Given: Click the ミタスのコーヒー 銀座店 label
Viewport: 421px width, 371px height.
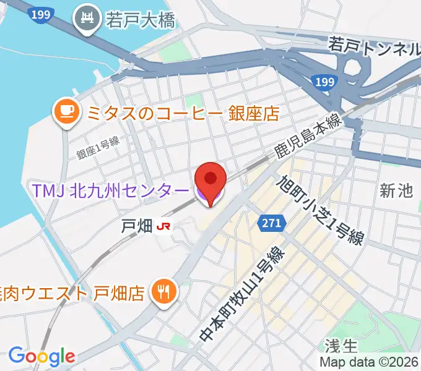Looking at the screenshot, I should [x=183, y=113].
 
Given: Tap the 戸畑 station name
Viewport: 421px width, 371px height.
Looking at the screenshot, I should [x=136, y=226].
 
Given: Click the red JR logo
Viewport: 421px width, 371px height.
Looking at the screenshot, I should [x=164, y=226].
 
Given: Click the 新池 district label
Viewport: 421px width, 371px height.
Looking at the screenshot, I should [x=396, y=191].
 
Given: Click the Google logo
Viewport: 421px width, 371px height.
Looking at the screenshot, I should [x=41, y=357].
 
